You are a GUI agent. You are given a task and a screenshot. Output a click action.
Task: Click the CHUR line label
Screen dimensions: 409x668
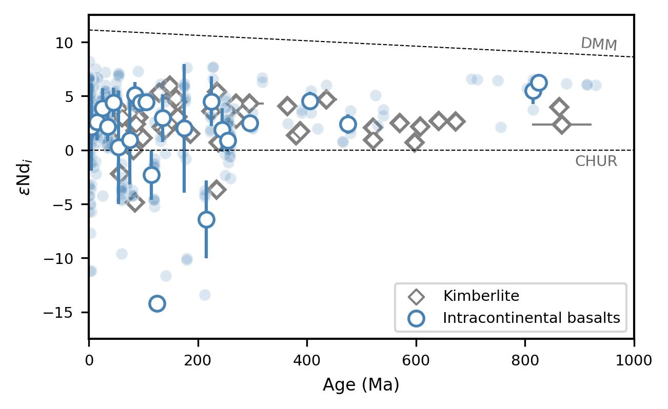[x=596, y=161]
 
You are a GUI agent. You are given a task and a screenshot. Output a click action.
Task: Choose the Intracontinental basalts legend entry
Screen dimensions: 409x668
[x=531, y=318]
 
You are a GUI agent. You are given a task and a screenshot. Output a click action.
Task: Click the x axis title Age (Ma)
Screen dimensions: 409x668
[x=361, y=385]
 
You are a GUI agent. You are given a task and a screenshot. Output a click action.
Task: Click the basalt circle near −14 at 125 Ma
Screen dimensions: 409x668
[x=157, y=303]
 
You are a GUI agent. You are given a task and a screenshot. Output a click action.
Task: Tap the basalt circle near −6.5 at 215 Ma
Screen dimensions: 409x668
[x=206, y=219]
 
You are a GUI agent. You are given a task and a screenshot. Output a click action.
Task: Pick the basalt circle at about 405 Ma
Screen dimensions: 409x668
[x=310, y=101]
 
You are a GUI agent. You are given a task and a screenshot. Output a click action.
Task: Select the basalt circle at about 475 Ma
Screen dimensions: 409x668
[x=348, y=124]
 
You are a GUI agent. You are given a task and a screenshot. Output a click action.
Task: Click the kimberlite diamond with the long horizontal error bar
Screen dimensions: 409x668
[x=562, y=125]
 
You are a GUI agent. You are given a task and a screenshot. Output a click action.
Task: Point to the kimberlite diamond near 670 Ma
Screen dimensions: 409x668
[x=455, y=121]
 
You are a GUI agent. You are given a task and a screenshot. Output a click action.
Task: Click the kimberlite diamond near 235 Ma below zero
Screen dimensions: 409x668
[x=217, y=190]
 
